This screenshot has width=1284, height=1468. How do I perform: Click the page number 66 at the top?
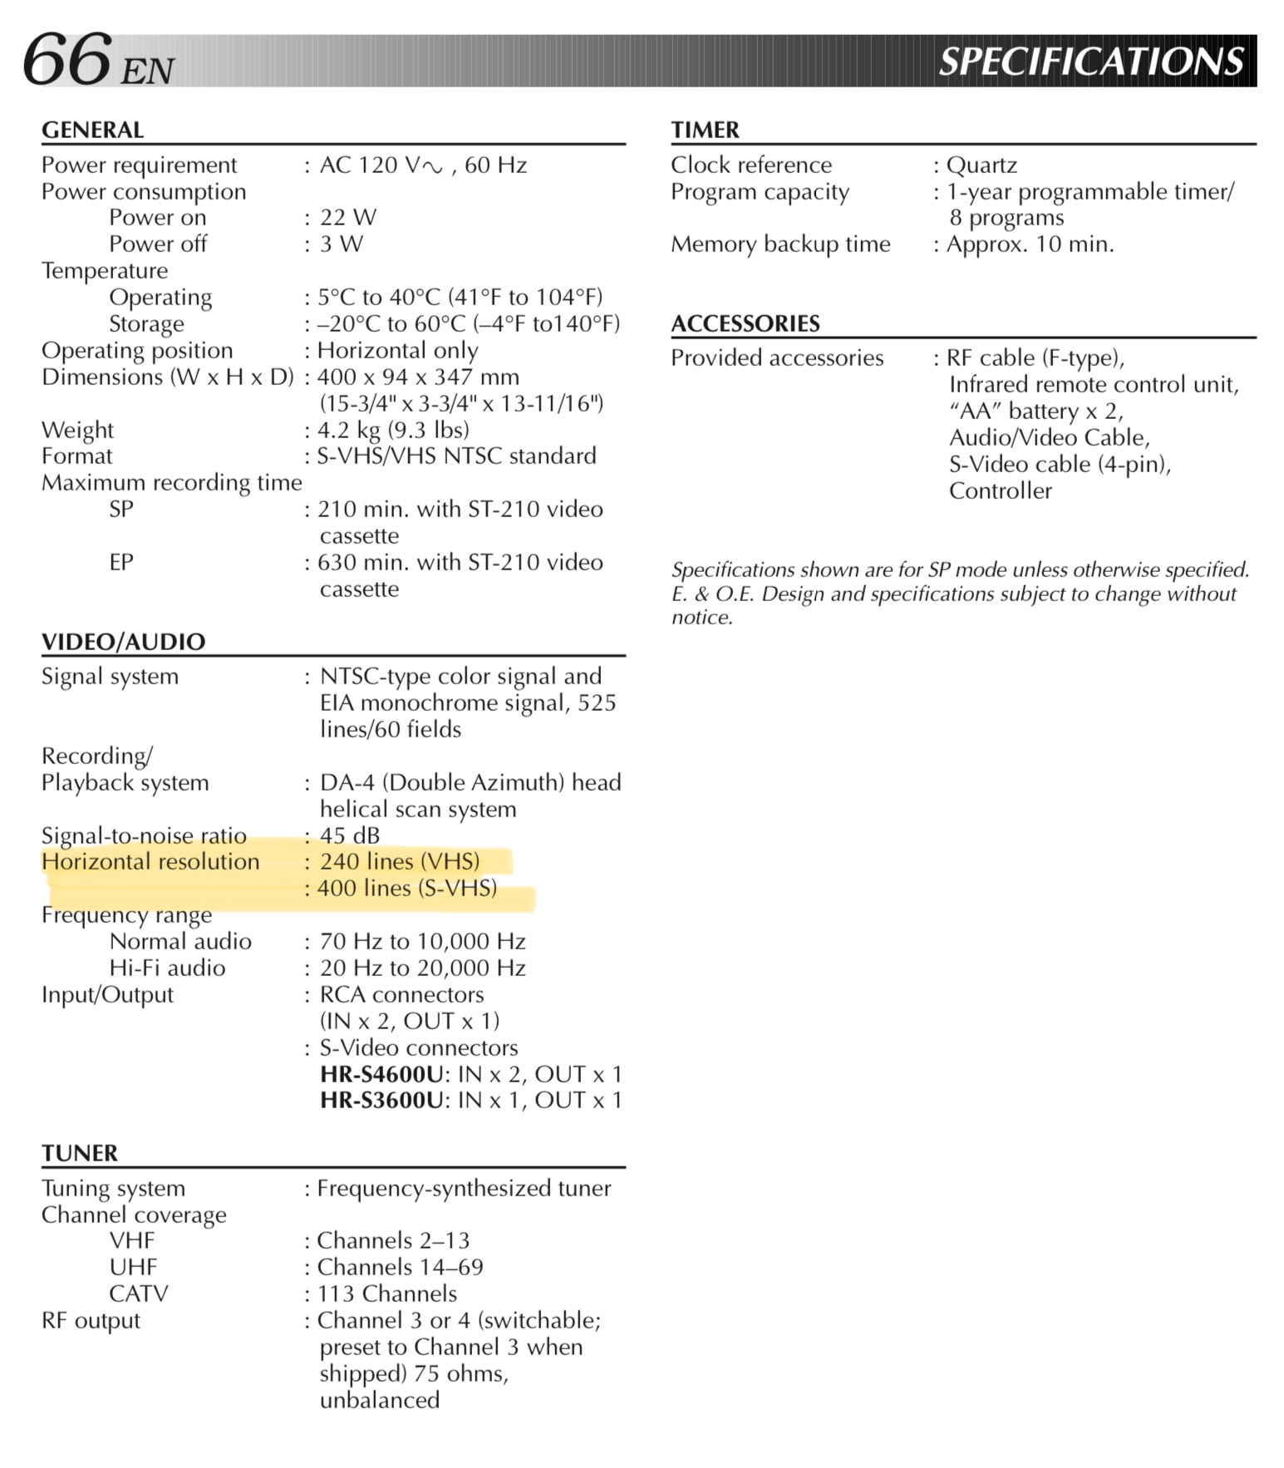66,59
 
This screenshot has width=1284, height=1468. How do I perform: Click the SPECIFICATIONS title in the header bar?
1090,62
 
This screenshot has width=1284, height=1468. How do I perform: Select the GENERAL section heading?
92,130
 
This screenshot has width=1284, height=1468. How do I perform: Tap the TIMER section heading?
705,130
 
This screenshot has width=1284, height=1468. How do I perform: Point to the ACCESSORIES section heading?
745,323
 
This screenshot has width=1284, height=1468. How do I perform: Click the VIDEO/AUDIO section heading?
123,642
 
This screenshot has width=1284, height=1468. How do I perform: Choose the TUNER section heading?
80,1153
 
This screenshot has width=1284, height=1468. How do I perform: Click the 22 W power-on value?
347,218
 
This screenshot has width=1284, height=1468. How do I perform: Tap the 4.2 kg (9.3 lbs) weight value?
393,430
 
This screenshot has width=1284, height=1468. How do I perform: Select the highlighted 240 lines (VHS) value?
399,861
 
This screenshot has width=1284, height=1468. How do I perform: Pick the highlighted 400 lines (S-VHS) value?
406,888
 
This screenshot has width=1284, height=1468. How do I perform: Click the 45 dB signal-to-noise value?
349,835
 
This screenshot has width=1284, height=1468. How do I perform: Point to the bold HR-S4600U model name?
381,1074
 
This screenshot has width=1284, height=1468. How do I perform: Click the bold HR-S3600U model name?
381,1101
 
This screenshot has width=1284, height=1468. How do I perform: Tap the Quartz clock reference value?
981,165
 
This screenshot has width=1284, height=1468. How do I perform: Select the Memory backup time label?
780,244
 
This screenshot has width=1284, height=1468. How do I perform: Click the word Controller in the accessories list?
1000,490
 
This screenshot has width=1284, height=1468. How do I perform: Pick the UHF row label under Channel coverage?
133,1267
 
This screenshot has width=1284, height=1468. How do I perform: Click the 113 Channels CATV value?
386,1293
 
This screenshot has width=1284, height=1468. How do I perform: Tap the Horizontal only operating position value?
397,350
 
